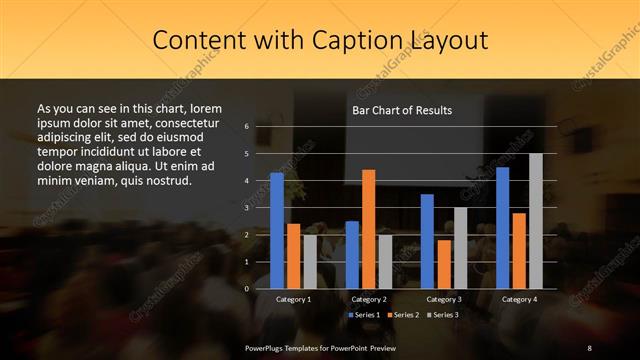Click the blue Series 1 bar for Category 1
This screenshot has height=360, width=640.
(277, 231)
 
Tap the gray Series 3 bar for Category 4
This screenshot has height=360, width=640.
(536, 221)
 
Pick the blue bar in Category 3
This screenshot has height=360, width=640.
(427, 241)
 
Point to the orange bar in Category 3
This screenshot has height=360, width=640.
(444, 264)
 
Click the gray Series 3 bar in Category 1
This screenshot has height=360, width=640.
(310, 261)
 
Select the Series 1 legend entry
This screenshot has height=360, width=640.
(364, 315)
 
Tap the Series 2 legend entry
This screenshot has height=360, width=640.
(402, 315)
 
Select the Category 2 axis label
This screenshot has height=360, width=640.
(369, 299)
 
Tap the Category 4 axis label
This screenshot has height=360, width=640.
(519, 299)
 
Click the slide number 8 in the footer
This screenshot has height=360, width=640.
(589, 347)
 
